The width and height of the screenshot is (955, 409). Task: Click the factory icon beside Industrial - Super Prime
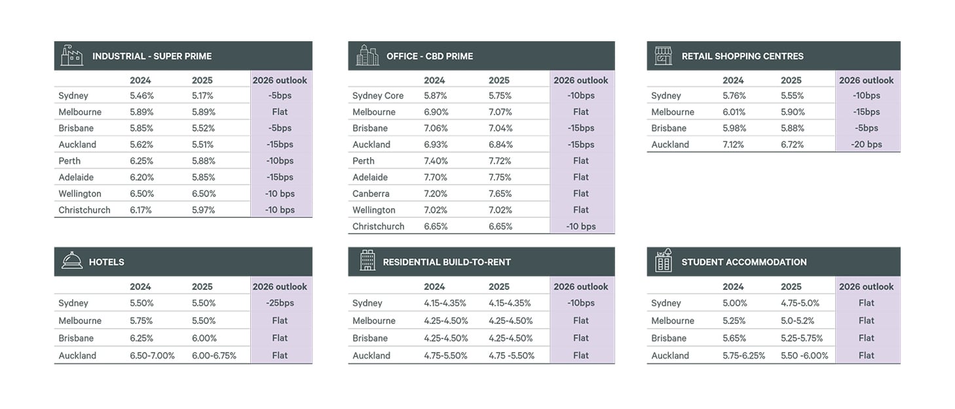click(x=72, y=56)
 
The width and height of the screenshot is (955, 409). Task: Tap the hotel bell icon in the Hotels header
click(x=72, y=261)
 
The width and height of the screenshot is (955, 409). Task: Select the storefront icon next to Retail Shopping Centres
click(x=664, y=56)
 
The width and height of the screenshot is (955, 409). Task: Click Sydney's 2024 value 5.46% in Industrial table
click(x=142, y=96)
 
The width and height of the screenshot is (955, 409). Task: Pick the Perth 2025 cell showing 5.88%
click(x=204, y=161)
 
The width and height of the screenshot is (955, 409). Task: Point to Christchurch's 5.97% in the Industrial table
click(x=204, y=210)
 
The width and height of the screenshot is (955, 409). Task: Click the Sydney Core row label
click(x=378, y=96)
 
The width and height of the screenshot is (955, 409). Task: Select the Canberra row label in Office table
click(x=371, y=194)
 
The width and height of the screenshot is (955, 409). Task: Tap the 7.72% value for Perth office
click(x=501, y=161)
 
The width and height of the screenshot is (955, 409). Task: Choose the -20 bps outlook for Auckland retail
click(x=866, y=145)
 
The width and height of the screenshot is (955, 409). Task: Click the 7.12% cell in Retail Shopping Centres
click(x=734, y=145)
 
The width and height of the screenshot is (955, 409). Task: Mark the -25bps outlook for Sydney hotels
click(x=280, y=303)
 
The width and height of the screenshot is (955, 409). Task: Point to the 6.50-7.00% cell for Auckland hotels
click(x=152, y=356)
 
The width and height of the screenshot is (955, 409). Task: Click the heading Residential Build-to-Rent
click(x=447, y=262)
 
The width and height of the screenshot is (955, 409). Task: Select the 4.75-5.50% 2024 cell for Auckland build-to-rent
click(x=446, y=356)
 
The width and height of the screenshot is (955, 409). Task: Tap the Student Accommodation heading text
click(x=744, y=262)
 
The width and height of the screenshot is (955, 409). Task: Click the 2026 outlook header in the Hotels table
click(x=280, y=287)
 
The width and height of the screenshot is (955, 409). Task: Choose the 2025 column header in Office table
click(x=499, y=80)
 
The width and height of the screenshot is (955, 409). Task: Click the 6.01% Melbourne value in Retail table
click(x=734, y=112)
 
